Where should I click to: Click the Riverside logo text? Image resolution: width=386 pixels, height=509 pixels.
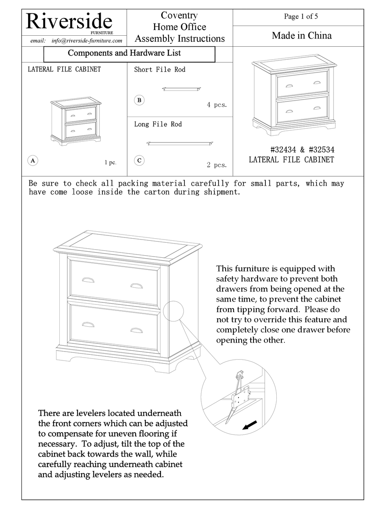(x=69, y=21)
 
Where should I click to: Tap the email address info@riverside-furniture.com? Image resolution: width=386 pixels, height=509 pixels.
(x=87, y=41)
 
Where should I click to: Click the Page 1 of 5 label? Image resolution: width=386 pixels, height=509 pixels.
(x=301, y=17)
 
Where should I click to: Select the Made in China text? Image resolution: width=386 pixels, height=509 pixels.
(x=301, y=36)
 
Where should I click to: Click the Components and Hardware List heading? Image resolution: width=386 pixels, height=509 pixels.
(x=124, y=53)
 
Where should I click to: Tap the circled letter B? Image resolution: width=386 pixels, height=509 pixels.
(x=139, y=100)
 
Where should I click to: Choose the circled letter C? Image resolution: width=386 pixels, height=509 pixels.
(x=139, y=160)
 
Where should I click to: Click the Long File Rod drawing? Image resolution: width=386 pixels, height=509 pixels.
(x=180, y=143)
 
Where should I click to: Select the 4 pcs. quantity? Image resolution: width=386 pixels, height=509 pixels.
(x=217, y=105)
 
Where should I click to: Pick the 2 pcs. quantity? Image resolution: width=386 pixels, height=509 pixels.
(x=217, y=165)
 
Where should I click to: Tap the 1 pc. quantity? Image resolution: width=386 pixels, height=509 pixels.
(x=110, y=162)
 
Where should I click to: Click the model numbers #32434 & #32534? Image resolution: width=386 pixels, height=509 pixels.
(x=302, y=150)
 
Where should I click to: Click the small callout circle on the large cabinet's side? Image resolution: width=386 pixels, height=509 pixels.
(x=173, y=311)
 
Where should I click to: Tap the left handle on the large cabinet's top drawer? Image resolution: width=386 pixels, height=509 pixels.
(x=88, y=280)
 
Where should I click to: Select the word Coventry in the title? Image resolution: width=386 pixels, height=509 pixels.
(x=179, y=15)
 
